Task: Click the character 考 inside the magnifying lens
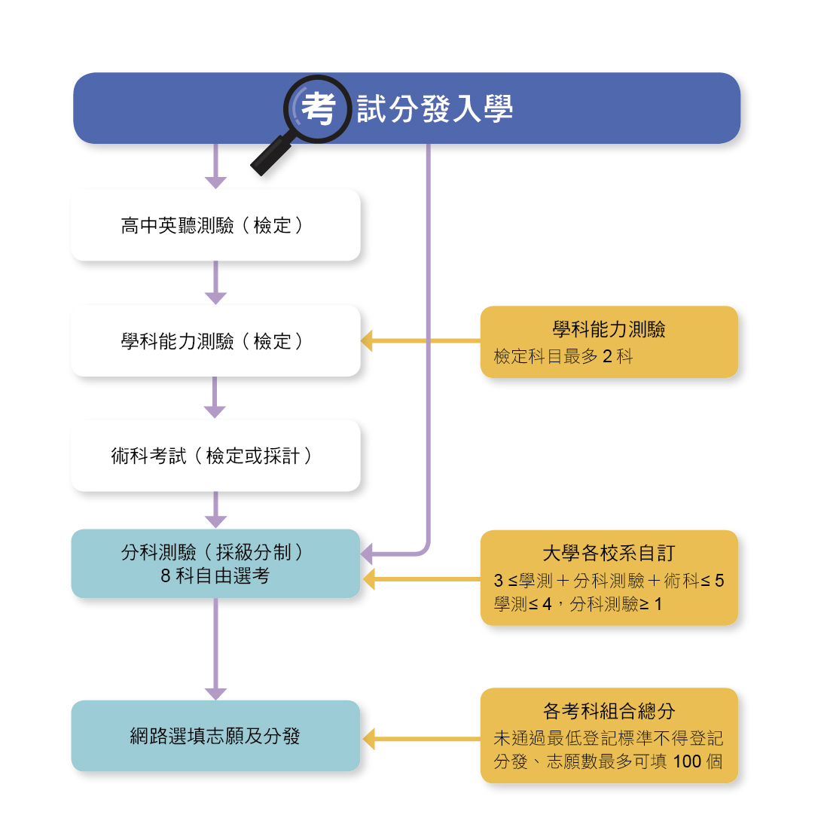tap(319, 108)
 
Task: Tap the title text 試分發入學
tap(435, 108)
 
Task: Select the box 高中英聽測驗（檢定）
tap(216, 225)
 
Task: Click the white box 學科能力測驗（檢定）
tap(216, 340)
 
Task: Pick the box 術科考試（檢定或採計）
tap(216, 456)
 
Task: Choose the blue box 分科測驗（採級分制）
tap(216, 563)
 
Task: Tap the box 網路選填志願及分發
tap(216, 736)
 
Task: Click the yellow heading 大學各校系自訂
tap(609, 553)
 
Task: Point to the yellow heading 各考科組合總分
tap(609, 711)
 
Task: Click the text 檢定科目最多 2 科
tap(563, 356)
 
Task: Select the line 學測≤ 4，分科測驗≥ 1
tap(578, 604)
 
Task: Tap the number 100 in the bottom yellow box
tap(687, 761)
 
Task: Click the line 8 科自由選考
tap(215, 576)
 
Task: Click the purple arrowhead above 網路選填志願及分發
tap(216, 694)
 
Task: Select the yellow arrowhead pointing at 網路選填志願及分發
tap(368, 739)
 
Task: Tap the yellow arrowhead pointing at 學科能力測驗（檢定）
tap(367, 340)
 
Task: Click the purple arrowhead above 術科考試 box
tap(215, 413)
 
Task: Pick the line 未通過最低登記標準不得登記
tap(609, 738)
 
